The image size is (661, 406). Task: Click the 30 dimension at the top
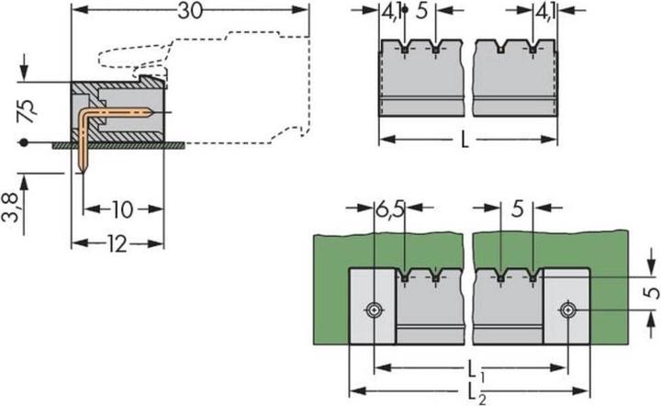(x=190, y=13)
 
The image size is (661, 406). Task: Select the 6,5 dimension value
(x=388, y=211)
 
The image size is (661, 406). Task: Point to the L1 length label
(x=476, y=369)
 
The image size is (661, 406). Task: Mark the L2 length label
(x=476, y=392)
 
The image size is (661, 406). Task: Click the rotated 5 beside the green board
(x=649, y=294)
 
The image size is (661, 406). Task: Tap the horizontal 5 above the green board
(x=519, y=211)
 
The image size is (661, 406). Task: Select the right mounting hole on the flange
(x=570, y=310)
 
